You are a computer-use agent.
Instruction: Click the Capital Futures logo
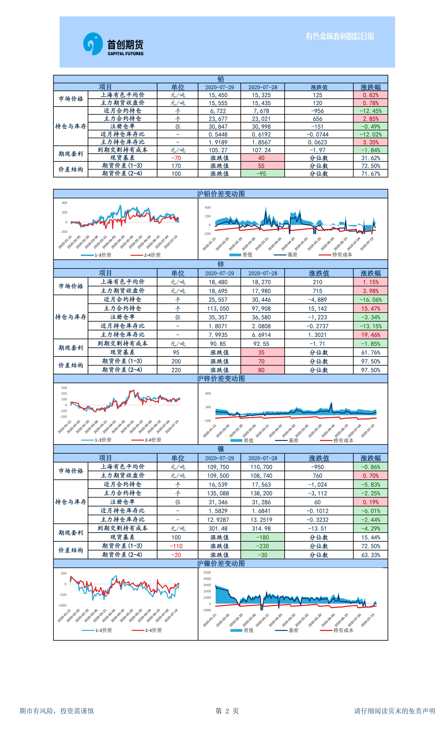[113, 44]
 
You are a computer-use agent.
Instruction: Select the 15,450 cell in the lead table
[218, 95]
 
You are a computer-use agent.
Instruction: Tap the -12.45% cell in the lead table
[370, 111]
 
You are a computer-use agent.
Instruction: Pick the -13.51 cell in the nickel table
[317, 528]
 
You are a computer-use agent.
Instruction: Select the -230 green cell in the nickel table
[262, 546]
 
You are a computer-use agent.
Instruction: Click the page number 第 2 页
[227, 711]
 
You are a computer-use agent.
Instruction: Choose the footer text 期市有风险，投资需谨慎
[57, 711]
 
